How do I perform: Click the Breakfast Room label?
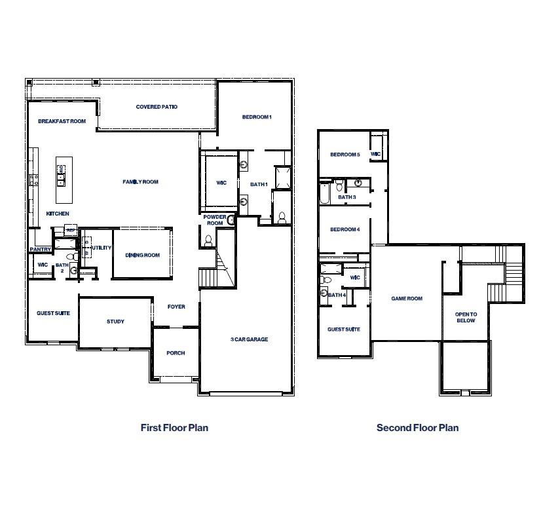click(62, 121)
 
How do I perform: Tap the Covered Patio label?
click(157, 107)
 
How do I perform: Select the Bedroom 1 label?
click(256, 117)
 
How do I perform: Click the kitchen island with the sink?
click(62, 172)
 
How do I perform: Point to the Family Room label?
click(140, 182)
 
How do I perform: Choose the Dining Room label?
click(143, 256)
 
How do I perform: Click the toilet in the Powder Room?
click(209, 240)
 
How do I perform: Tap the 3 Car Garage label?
click(249, 339)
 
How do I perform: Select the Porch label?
click(176, 353)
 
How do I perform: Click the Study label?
click(115, 322)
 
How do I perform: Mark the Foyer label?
click(176, 307)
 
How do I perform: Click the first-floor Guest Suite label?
click(53, 313)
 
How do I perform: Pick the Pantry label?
click(40, 249)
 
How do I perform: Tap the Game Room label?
click(407, 298)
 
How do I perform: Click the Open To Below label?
click(466, 318)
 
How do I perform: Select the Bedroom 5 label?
click(345, 155)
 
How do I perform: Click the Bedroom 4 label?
click(345, 229)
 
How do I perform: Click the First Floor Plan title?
click(174, 428)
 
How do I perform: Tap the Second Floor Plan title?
click(417, 428)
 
